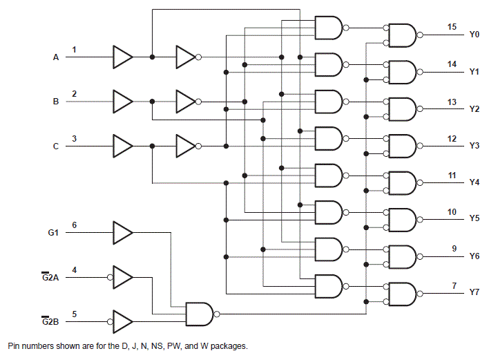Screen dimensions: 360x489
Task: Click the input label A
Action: pyautogui.click(x=57, y=58)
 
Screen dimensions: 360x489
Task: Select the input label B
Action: pyautogui.click(x=57, y=102)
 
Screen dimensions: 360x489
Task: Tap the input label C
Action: pyautogui.click(x=57, y=146)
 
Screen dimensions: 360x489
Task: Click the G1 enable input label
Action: pyautogui.click(x=53, y=234)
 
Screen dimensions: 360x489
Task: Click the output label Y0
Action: pyautogui.click(x=474, y=34)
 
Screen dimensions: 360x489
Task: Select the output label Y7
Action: pyautogui.click(x=474, y=293)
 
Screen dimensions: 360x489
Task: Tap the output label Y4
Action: pyautogui.click(x=474, y=183)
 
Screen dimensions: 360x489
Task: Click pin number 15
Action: pyautogui.click(x=452, y=27)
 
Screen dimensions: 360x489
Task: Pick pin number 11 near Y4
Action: pyautogui.click(x=452, y=176)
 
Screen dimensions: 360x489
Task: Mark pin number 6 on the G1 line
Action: pyautogui.click(x=75, y=225)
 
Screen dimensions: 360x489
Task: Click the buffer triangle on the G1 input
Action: pyautogui.click(x=122, y=233)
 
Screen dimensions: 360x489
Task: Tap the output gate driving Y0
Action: pyautogui.click(x=402, y=34)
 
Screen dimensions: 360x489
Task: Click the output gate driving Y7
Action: pyautogui.click(x=402, y=293)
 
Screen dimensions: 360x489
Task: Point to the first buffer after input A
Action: pyautogui.click(x=122, y=57)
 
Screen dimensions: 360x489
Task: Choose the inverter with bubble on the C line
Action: pyautogui.click(x=186, y=146)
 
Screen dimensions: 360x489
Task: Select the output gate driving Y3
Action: pyautogui.click(x=402, y=146)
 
